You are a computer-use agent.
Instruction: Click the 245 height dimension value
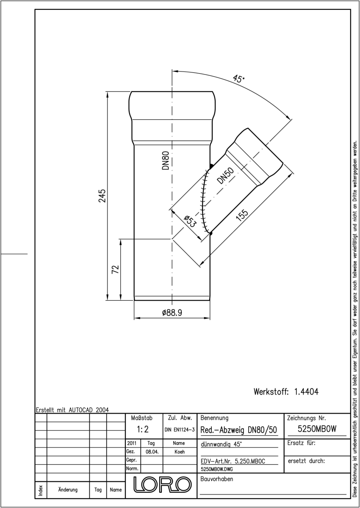[x=102, y=196]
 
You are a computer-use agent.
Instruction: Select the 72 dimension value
[x=116, y=269]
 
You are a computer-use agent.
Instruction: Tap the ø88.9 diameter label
[x=172, y=313]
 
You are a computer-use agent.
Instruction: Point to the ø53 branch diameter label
[x=189, y=221]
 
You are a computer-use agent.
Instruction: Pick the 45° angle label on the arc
[x=238, y=79]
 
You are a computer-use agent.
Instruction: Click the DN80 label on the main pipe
[x=166, y=160]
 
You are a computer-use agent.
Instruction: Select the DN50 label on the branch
[x=225, y=175]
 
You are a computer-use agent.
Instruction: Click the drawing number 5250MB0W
[x=317, y=428]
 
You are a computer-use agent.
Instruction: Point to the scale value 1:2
[x=143, y=429]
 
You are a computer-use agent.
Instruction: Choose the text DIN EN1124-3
[x=180, y=430]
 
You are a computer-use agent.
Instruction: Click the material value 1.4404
[x=306, y=392]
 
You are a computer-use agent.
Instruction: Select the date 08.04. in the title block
[x=152, y=452]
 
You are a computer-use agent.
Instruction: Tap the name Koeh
[x=180, y=452]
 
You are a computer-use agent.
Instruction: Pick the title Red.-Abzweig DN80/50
[x=239, y=430]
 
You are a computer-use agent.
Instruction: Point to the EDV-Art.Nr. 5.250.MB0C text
[x=233, y=461]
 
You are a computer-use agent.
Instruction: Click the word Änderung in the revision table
[x=68, y=490]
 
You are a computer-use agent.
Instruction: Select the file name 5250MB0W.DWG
[x=217, y=469]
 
